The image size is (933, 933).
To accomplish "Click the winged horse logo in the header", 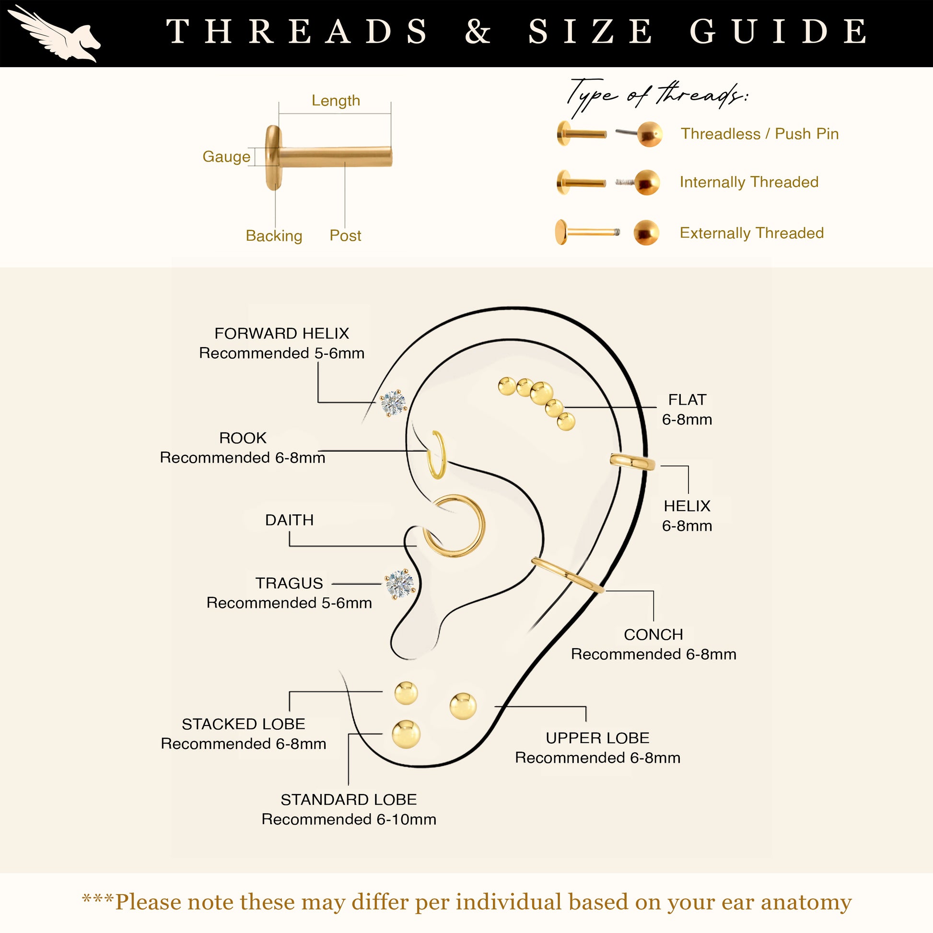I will [54, 33].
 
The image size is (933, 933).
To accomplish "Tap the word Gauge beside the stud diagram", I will [226, 156].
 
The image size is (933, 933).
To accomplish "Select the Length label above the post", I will [336, 101].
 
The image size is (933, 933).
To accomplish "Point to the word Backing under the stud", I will [274, 236].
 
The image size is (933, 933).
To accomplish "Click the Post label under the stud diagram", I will [345, 236].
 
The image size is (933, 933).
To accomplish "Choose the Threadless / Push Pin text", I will [759, 134].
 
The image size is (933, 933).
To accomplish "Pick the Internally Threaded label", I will [749, 182].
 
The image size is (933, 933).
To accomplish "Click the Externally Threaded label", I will [751, 233].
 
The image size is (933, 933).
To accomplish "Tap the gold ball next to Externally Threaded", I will [646, 232].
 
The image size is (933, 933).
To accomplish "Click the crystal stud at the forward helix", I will [393, 402].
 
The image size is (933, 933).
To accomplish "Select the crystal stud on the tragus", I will [400, 584].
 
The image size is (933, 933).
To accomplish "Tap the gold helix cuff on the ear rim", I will [632, 462].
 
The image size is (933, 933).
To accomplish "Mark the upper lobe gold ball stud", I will [463, 706].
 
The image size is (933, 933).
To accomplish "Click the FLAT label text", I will [687, 400].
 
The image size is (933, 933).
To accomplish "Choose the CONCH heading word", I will [653, 635].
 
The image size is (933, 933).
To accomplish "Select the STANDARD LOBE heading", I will [349, 800].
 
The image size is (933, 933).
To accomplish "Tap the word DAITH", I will [289, 520].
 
